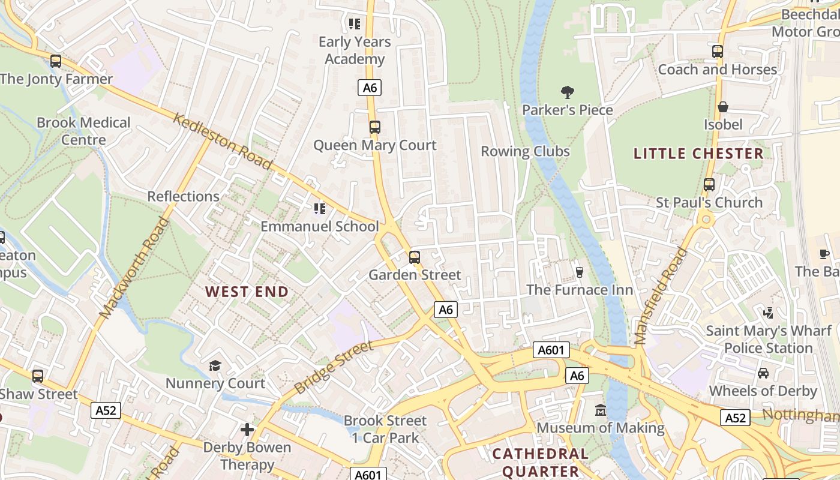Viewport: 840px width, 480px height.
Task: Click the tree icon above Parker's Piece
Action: pos(567,92)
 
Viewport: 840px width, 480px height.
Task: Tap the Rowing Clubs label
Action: pos(525,151)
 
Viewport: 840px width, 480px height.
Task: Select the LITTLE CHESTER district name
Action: pos(698,154)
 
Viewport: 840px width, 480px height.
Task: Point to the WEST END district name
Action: pos(247,292)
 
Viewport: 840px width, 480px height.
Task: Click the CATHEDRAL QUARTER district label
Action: pos(541,462)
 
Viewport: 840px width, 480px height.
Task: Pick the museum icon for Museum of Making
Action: pos(600,410)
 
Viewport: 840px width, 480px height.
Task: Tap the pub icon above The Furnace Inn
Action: pos(579,272)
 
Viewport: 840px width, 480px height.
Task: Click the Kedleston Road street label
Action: pos(223,142)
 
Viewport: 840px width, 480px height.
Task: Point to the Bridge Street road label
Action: pos(334,367)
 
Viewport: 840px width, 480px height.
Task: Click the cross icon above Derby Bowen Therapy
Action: pos(247,430)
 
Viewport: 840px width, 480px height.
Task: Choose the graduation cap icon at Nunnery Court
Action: pos(215,365)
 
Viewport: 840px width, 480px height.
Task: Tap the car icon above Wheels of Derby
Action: pos(763,373)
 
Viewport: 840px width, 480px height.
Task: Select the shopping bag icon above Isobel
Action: pos(723,107)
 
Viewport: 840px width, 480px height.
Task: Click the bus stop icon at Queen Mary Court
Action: pos(374,127)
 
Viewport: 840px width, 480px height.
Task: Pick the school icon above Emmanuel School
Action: pos(319,209)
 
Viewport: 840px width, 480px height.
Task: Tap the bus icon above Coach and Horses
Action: pos(717,52)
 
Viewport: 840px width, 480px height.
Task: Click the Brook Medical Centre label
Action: pos(83,131)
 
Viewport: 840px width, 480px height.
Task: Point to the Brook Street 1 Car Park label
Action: pos(385,429)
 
